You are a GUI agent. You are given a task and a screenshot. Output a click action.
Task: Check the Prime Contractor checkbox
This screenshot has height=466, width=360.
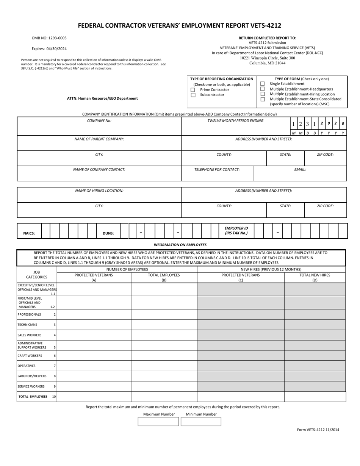(x=193, y=90)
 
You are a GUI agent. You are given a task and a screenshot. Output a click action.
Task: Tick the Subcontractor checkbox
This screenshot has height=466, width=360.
(x=193, y=95)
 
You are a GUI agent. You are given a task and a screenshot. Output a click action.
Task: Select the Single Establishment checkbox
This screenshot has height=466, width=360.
(x=262, y=84)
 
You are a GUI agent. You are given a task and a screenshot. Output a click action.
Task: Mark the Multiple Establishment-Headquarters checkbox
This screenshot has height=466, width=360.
(x=262, y=89)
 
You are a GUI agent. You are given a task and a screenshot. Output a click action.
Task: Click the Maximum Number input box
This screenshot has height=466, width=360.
(x=158, y=422)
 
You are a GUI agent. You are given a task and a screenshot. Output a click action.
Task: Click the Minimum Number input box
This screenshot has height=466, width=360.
(x=201, y=422)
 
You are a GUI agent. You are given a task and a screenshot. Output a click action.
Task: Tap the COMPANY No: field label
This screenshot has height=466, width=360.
(x=99, y=121)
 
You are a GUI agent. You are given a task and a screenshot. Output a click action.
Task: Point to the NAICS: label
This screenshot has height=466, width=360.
(x=29, y=233)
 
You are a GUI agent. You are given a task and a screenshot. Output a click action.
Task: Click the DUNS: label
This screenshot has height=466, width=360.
(x=108, y=233)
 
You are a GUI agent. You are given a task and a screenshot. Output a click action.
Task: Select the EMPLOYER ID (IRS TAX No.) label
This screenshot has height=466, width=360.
(x=236, y=231)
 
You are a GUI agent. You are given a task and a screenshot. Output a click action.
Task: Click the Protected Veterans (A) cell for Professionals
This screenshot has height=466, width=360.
(x=94, y=314)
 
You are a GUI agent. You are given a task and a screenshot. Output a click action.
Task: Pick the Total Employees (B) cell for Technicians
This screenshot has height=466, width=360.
(x=164, y=325)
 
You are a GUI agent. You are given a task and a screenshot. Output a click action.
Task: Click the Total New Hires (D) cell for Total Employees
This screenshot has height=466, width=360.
(x=315, y=397)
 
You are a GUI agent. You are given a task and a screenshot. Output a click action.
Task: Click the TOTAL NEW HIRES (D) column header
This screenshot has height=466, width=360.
(x=315, y=278)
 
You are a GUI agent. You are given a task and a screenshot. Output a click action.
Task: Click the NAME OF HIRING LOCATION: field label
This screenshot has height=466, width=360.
(x=99, y=191)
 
